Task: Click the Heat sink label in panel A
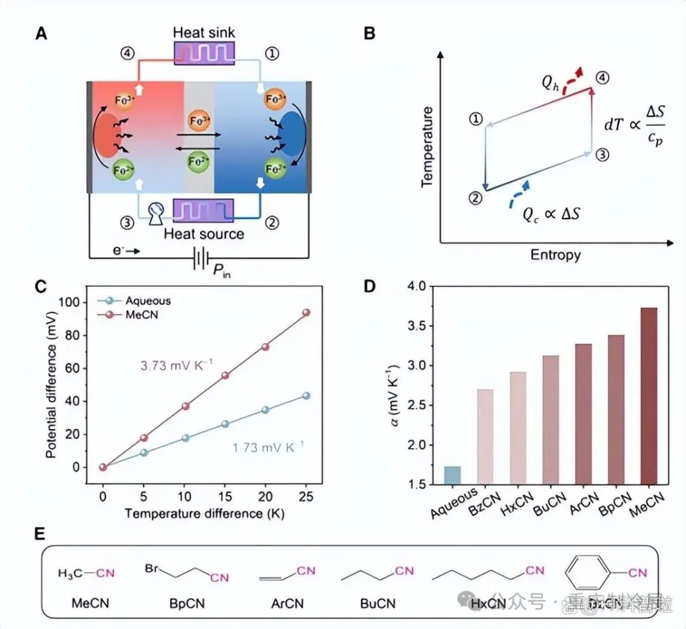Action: pos(204,32)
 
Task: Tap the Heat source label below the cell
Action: pos(204,233)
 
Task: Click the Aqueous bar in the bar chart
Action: pos(452,475)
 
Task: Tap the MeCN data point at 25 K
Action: pos(306,313)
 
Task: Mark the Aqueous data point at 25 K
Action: pos(306,395)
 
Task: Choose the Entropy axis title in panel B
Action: pos(555,255)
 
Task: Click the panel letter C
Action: pos(41,287)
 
